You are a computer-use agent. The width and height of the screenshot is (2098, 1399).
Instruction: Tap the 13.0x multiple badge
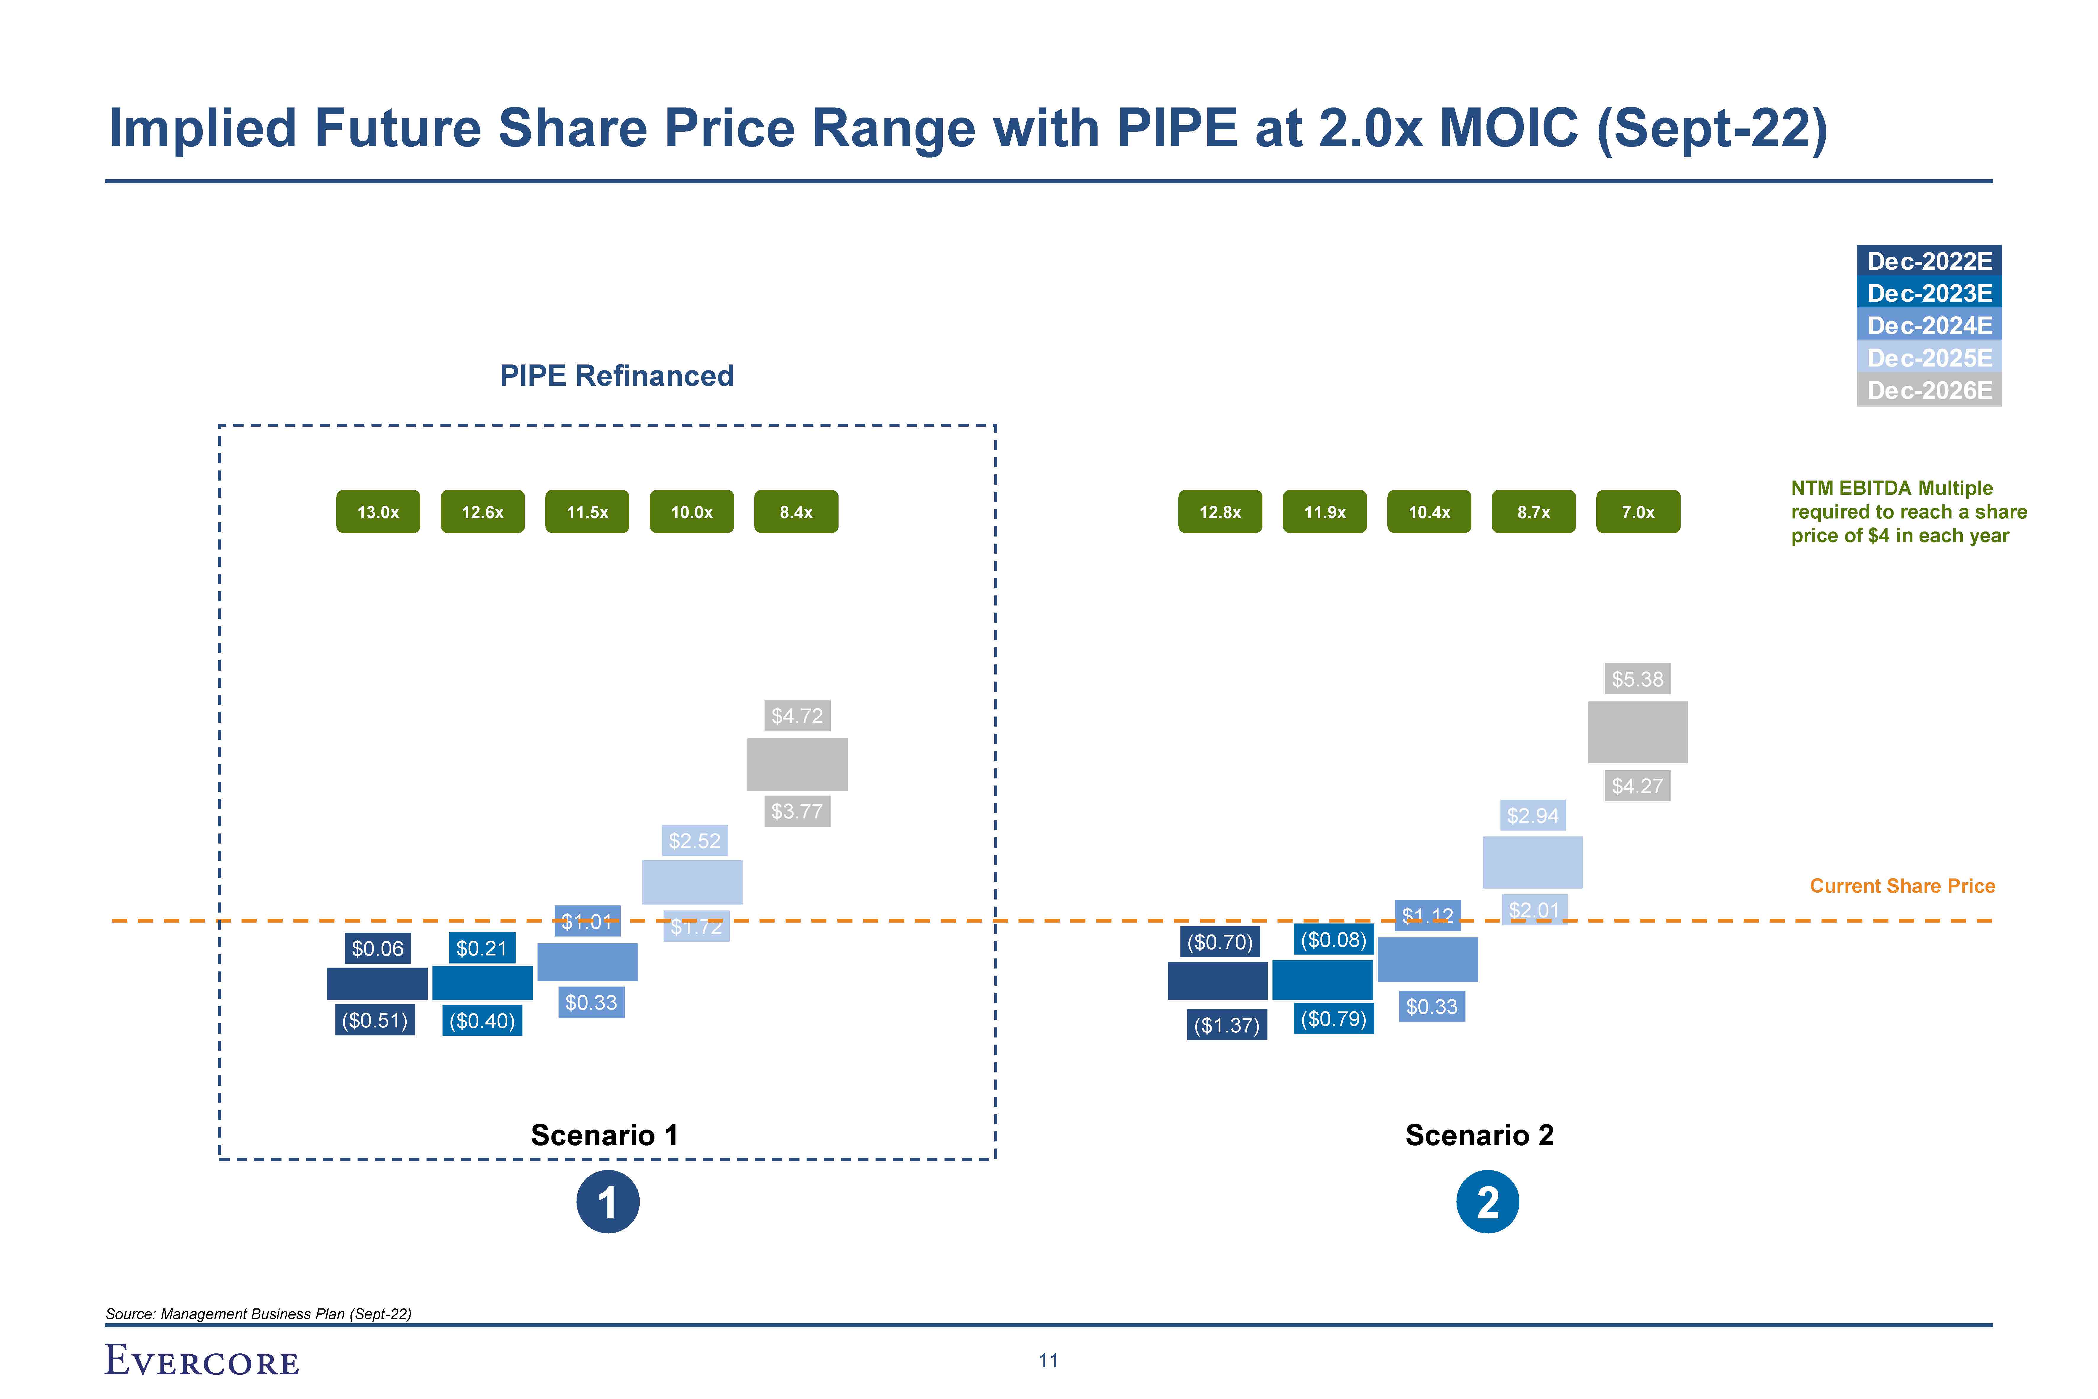378,512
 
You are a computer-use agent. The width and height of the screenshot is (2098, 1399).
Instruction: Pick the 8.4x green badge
796,512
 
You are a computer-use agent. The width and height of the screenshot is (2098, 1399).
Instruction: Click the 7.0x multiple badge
1638,512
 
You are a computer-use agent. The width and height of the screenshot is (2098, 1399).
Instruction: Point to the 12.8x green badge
1219,512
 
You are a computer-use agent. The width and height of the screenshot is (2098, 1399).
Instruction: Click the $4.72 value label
797,716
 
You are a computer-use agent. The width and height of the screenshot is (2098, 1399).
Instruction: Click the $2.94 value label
1532,815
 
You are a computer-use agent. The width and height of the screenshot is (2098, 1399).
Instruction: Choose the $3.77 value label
797,811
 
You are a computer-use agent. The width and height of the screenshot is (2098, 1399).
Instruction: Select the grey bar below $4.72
797,764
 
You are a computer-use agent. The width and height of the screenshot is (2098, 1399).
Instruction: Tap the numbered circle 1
607,1202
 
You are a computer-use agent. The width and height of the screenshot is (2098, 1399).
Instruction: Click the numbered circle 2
1487,1202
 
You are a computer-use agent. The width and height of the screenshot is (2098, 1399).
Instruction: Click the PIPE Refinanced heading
616,376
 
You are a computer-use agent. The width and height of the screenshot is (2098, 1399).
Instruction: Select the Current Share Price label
1902,886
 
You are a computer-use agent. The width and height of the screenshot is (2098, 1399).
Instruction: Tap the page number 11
1048,1361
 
